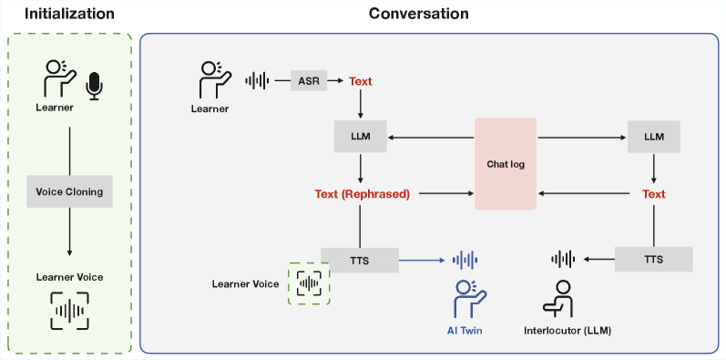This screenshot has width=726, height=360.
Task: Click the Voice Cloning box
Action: tap(69, 192)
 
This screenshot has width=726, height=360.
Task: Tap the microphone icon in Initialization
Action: tap(93, 84)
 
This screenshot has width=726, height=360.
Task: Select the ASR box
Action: tap(308, 81)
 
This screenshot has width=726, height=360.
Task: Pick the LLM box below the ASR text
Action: tap(361, 138)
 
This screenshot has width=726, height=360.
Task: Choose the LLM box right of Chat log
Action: tap(653, 138)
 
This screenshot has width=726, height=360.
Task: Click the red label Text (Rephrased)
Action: tap(362, 194)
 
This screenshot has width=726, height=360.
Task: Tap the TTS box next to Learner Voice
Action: tap(359, 260)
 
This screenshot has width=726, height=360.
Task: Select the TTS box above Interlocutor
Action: tap(653, 260)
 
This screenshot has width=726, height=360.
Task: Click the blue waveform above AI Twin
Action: tap(465, 260)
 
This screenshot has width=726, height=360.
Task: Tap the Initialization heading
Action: tap(69, 14)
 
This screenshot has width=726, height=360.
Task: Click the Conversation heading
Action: tap(419, 14)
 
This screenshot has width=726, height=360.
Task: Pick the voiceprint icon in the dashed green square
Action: tap(310, 283)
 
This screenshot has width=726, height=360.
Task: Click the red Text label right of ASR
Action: tap(361, 81)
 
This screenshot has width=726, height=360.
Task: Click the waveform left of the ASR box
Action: tap(258, 81)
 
